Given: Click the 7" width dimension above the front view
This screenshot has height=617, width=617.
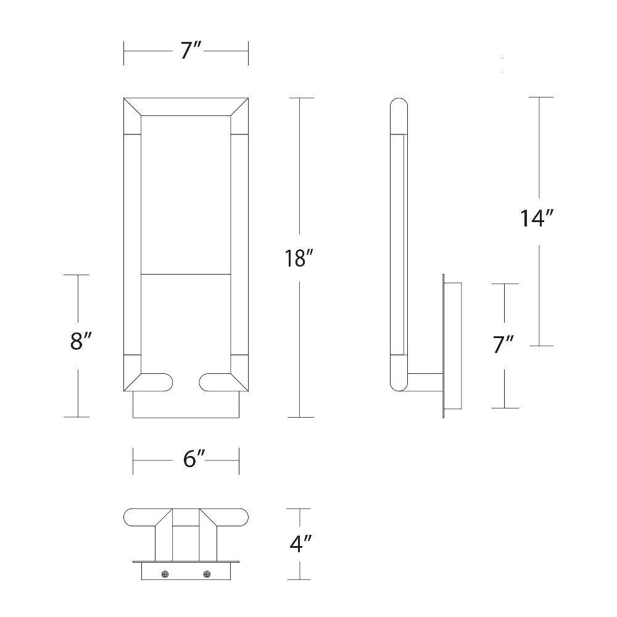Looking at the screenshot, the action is pos(191,51).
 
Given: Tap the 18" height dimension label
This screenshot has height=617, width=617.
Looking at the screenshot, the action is pos(299,259).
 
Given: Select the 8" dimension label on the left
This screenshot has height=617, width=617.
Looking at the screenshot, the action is pos(81,341).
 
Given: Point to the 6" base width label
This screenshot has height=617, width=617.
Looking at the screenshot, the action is pos(194,459).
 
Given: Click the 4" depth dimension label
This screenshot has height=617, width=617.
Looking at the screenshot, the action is pos(300,544).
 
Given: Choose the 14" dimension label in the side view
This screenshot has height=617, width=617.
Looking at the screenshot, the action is pos(537,218).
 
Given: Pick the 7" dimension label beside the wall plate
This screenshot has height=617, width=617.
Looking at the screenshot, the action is pos(503,344).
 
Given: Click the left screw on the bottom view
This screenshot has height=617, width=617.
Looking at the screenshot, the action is pos(165,574).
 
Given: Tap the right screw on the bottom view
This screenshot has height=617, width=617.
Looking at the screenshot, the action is pos(207,574).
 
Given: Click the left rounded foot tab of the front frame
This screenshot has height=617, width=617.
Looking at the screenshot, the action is pos(157,382).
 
